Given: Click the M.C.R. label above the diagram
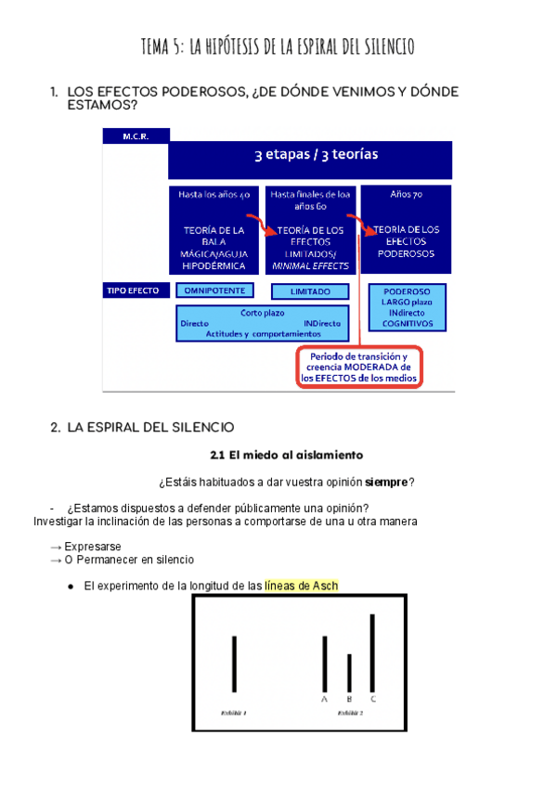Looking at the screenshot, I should tap(135, 135).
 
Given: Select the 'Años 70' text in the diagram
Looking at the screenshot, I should tap(406, 195).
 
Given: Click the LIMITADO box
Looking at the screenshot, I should tap(310, 291).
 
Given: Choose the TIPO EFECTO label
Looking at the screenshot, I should tap(133, 290).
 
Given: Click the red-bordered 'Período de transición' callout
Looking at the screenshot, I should tap(359, 368).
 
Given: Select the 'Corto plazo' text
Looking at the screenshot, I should tap(263, 313).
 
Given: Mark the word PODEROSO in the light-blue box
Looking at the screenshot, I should tap(407, 290).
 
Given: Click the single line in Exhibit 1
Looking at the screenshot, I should tap(234, 664).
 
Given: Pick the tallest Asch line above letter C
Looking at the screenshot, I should tap(372, 652).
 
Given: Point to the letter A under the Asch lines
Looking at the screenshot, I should tap(325, 699).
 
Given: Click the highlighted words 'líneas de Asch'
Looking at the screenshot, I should tap(301, 586).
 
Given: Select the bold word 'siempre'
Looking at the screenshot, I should tap(386, 482).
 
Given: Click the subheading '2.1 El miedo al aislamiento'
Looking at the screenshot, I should tap(286, 455).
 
